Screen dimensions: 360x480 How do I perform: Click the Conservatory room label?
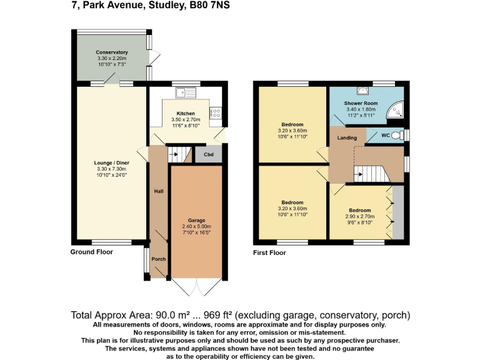(112, 52)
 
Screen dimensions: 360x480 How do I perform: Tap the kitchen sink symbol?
(186, 94)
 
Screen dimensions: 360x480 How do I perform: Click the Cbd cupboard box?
(208, 154)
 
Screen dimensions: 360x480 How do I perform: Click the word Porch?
(159, 259)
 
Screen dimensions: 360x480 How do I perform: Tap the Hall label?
(159, 191)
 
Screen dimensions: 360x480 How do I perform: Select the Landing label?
(347, 138)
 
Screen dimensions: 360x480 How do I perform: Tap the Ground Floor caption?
(92, 252)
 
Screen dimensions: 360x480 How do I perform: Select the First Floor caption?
(269, 253)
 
